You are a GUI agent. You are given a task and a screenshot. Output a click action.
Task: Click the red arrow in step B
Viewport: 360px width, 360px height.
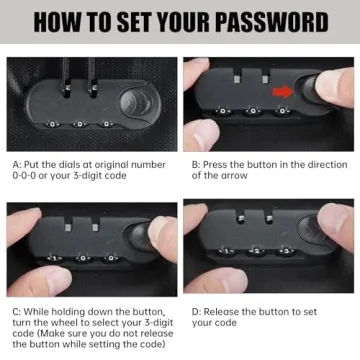point(282,92)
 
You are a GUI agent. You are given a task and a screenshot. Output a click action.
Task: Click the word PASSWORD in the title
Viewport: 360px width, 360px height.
point(271,22)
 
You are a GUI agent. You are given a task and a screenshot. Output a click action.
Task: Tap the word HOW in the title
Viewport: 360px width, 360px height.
point(56,22)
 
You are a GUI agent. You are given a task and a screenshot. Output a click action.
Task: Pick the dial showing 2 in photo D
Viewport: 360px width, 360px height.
point(257,251)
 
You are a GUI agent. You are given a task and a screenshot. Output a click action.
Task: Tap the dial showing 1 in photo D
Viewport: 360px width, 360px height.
point(227,251)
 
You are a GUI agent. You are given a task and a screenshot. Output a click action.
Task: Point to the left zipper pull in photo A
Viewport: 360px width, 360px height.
point(66,78)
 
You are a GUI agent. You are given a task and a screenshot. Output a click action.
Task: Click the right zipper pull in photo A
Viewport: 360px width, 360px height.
point(91,78)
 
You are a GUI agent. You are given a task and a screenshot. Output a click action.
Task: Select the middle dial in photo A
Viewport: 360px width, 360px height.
point(80,124)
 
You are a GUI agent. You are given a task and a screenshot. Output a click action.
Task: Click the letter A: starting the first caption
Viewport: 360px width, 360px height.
point(17,165)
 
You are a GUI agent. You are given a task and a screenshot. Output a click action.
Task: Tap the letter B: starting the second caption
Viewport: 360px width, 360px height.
point(196,165)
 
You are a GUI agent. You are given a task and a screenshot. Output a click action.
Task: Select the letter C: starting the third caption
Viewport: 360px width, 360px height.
point(17,312)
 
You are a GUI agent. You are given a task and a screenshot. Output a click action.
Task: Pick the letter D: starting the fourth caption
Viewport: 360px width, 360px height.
point(197,312)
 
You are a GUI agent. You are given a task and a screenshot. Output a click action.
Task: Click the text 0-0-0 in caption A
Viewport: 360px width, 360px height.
point(24,176)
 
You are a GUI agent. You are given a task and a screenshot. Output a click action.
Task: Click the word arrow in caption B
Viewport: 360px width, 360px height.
point(235,176)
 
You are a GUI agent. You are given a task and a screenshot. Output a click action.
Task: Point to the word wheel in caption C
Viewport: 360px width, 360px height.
point(62,323)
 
